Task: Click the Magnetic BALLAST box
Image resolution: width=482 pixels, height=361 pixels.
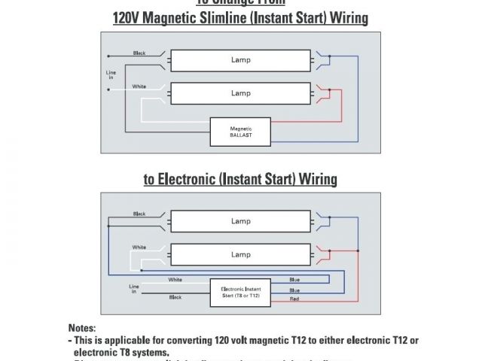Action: tap(240, 132)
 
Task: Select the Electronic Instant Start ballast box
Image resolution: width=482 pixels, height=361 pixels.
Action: tap(240, 290)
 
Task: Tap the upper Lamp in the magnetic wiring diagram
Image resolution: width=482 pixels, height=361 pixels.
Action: tap(240, 59)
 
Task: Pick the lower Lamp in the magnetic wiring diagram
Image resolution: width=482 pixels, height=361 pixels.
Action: tap(240, 93)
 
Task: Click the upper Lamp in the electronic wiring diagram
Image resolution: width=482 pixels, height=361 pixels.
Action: tap(240, 221)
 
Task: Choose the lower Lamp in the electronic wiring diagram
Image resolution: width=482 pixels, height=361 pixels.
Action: tap(240, 254)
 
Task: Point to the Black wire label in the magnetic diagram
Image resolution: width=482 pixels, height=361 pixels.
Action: tap(139, 53)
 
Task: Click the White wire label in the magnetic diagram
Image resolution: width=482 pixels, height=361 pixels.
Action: tap(139, 86)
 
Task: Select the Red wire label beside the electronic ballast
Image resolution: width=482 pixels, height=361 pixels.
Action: tap(294, 299)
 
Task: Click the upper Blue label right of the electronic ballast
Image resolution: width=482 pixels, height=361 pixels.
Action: tap(294, 280)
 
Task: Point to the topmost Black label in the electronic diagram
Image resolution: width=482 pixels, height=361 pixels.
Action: tap(139, 214)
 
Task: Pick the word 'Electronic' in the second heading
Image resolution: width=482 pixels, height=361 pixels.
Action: tap(192, 179)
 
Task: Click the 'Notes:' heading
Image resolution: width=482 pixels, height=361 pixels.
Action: tap(82, 329)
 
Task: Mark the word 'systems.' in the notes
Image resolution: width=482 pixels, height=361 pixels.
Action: tap(148, 351)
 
